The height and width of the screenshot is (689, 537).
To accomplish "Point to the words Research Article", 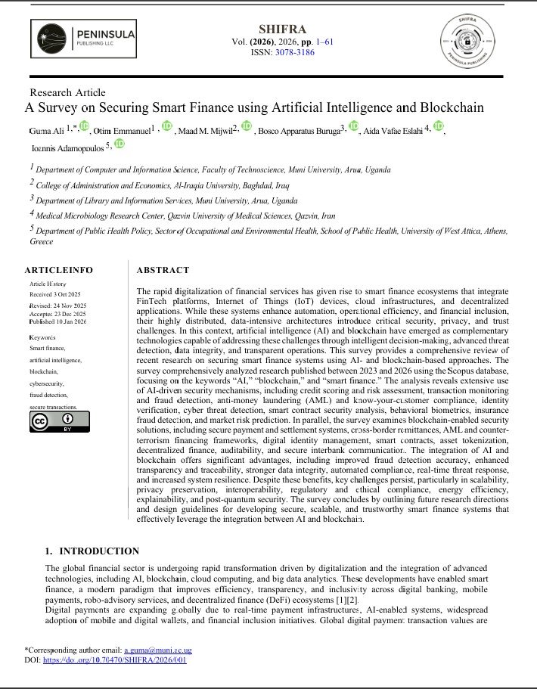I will [x=67, y=92].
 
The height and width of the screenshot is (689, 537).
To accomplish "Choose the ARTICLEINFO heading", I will [x=58, y=269].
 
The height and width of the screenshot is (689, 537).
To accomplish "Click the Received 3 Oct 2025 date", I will [x=57, y=293].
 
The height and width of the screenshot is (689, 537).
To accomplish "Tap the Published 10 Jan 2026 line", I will [x=58, y=321].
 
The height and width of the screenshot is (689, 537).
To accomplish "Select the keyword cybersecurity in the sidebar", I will [x=46, y=384].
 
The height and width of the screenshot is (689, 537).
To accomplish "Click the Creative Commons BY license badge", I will [x=59, y=421].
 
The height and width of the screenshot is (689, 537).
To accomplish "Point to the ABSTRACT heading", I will [x=163, y=269].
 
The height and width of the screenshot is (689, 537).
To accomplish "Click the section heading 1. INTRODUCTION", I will [x=92, y=551].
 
